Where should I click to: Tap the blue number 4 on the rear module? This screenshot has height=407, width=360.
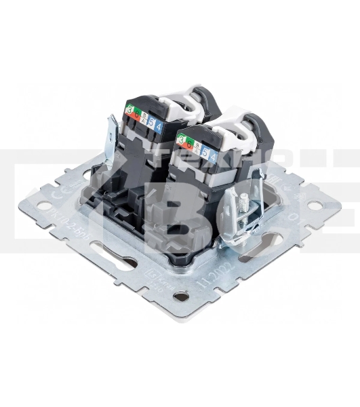coord(159,125)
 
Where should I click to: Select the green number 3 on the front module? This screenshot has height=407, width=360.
coord(181,139)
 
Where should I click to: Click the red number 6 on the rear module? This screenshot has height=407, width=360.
coord(136,115)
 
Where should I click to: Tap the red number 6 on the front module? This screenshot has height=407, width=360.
coord(189,144)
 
